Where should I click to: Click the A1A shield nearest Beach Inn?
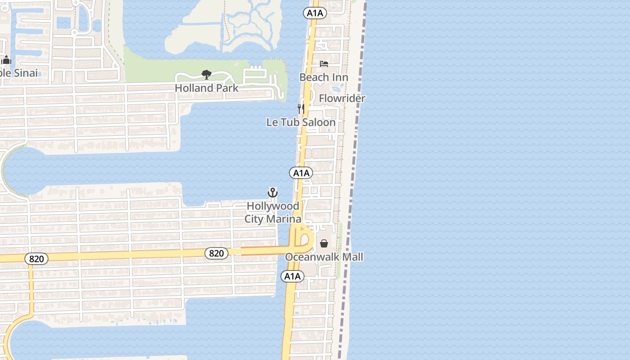tap(315, 13)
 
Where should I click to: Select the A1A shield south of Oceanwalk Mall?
tap(292, 276)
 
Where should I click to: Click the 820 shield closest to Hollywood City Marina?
tap(216, 253)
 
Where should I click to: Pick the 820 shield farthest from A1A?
tap(36, 259)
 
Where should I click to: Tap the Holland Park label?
tap(207, 88)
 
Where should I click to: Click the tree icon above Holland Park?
tap(207, 74)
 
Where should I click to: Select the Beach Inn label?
tap(324, 77)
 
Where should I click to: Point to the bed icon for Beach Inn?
tap(324, 64)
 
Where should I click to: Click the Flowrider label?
tap(342, 98)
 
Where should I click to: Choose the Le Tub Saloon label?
tap(301, 122)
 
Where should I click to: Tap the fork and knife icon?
tap(301, 108)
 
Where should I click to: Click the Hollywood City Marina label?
tap(273, 212)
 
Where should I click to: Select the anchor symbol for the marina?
tap(273, 193)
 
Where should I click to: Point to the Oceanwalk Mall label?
tap(324, 257)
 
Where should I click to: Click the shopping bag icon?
tap(324, 243)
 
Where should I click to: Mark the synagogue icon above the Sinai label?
tap(6, 60)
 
